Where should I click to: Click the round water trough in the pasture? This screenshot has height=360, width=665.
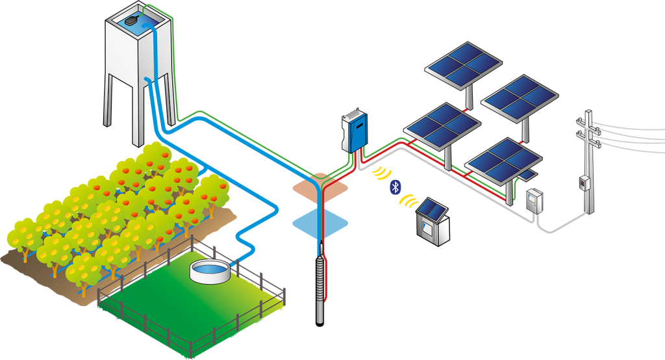209,271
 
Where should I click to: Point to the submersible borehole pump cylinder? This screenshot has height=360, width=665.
320,286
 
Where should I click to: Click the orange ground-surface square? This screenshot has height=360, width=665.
320,184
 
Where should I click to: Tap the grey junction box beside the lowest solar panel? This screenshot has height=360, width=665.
534,200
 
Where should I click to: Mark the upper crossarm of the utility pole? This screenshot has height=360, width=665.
588,123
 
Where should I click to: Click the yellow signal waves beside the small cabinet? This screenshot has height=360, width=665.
408,202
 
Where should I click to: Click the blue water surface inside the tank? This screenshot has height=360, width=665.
149,23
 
